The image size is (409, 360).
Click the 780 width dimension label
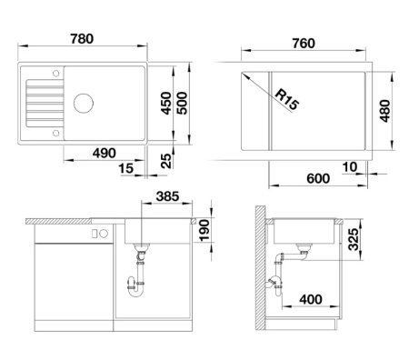[x=82, y=39]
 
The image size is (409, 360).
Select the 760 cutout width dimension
[x=304, y=44]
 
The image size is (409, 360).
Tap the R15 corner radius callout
[x=287, y=100]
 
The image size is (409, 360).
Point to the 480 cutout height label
[x=384, y=111]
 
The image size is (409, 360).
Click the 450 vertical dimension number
[x=165, y=104]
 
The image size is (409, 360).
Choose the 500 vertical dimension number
[x=182, y=104]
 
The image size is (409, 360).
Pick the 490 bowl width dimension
[x=105, y=153]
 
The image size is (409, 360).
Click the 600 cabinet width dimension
[x=318, y=178]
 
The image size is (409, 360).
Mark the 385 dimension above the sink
[x=167, y=196]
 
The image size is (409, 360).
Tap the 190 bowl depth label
[x=204, y=231]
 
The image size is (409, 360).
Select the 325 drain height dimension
[x=353, y=239]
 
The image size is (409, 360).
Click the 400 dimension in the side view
[x=311, y=299]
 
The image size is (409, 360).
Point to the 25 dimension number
[x=165, y=161]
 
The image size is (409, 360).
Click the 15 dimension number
[x=126, y=168]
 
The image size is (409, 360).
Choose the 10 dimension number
[x=350, y=167]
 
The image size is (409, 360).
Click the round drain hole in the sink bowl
[x=84, y=104]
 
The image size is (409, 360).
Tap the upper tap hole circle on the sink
[x=55, y=74]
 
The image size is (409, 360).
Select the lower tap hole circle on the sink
[x=55, y=133]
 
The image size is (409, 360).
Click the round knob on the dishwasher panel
[x=104, y=234]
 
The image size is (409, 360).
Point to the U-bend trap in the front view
[x=135, y=288]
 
